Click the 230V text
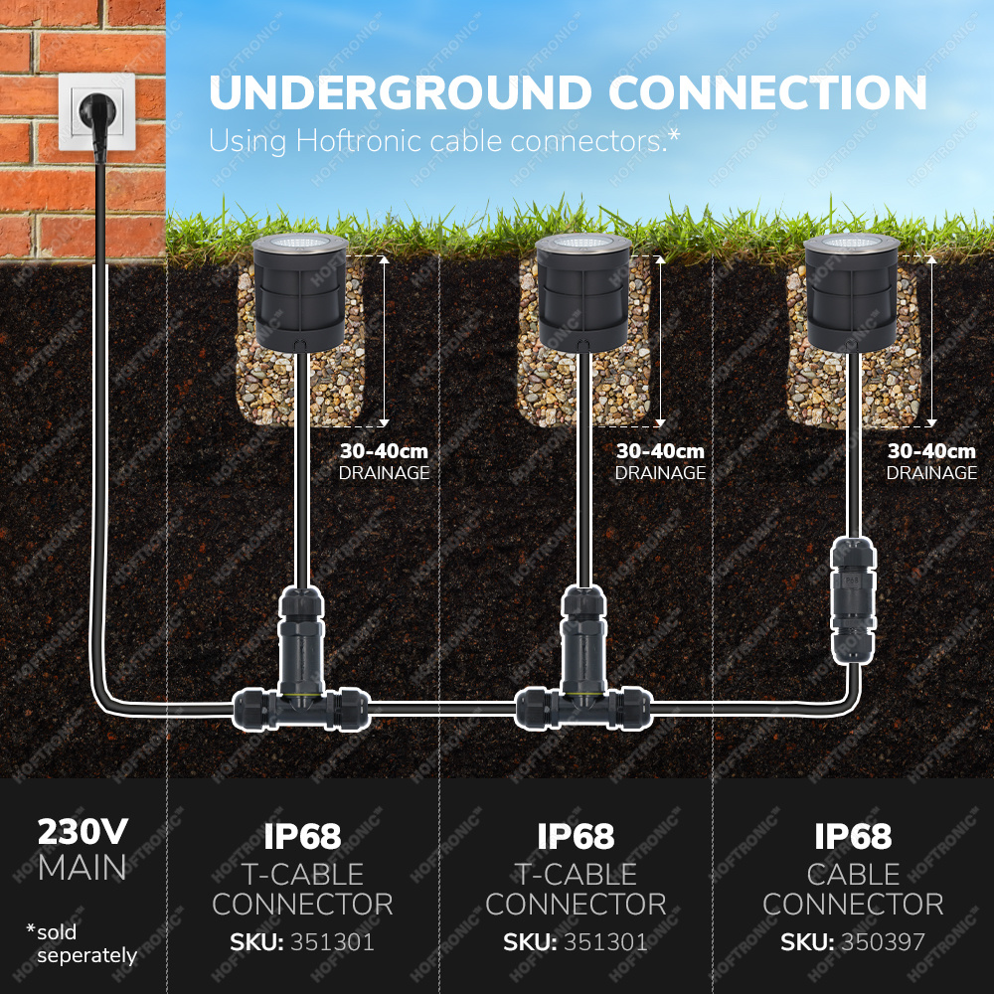pyautogui.click(x=83, y=832)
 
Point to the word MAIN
pyautogui.click(x=83, y=868)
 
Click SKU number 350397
pyautogui.click(x=885, y=941)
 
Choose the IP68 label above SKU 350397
pyautogui.click(x=853, y=837)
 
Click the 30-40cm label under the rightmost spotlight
pyautogui.click(x=931, y=451)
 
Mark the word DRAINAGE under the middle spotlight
pyautogui.click(x=660, y=473)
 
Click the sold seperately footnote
pyautogui.click(x=82, y=944)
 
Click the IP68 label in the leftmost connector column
pyautogui.click(x=302, y=837)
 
